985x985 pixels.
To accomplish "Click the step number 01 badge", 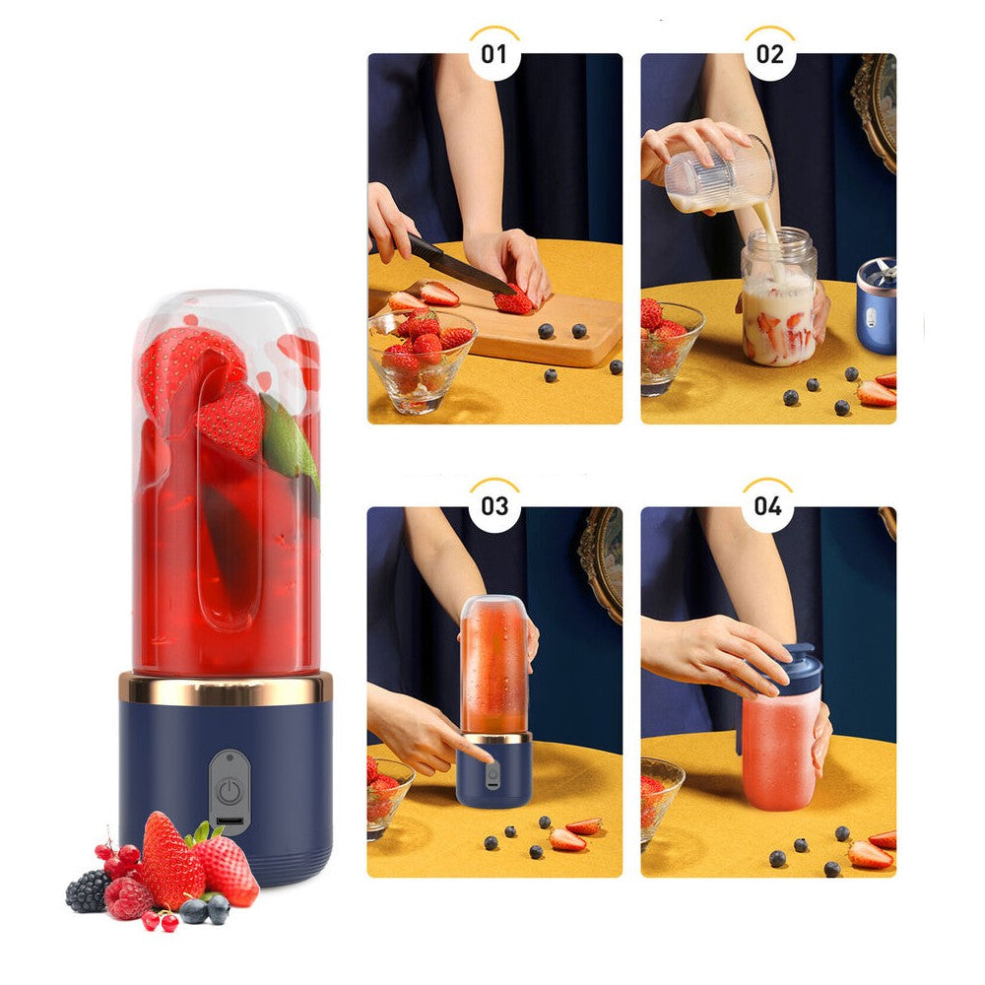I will (x=493, y=53).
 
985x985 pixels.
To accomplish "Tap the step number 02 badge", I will (x=768, y=53).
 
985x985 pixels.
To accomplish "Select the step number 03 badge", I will (x=493, y=506).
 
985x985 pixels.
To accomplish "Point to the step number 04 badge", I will (x=768, y=506).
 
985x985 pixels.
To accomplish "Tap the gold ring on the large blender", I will (x=226, y=689).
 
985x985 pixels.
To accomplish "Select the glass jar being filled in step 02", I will (x=778, y=300).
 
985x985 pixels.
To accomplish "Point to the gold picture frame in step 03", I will (x=602, y=561).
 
